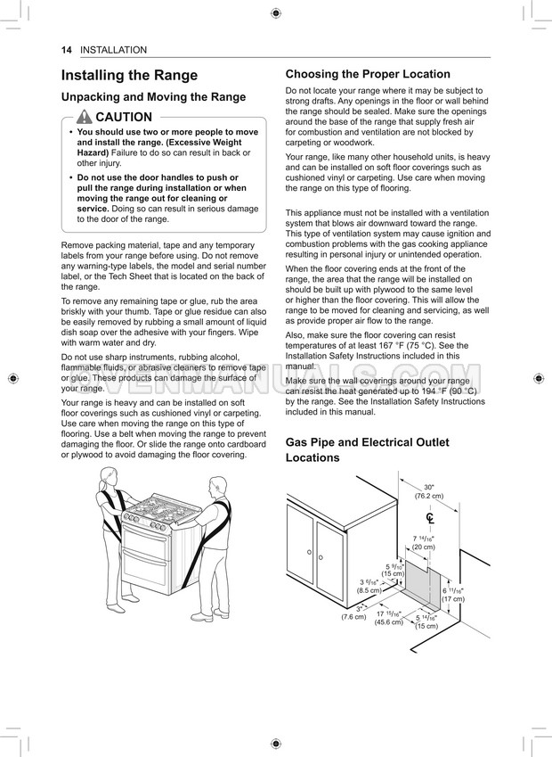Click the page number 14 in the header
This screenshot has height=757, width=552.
pyautogui.click(x=67, y=50)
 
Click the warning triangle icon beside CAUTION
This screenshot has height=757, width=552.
pyautogui.click(x=85, y=118)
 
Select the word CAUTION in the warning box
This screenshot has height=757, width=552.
pyautogui.click(x=124, y=118)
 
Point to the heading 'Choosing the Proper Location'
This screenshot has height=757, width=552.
pyautogui.click(x=368, y=74)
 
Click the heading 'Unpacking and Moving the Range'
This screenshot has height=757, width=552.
pyautogui.click(x=153, y=97)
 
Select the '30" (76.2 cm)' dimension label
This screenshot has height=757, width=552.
pyautogui.click(x=428, y=491)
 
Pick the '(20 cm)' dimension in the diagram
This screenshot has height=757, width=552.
pyautogui.click(x=423, y=547)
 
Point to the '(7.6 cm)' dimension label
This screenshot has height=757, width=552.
pyautogui.click(x=353, y=616)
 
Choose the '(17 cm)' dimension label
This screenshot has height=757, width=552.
pyautogui.click(x=453, y=599)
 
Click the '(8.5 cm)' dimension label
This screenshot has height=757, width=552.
pyautogui.click(x=369, y=590)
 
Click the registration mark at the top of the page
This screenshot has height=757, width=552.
pyautogui.click(x=276, y=12)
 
